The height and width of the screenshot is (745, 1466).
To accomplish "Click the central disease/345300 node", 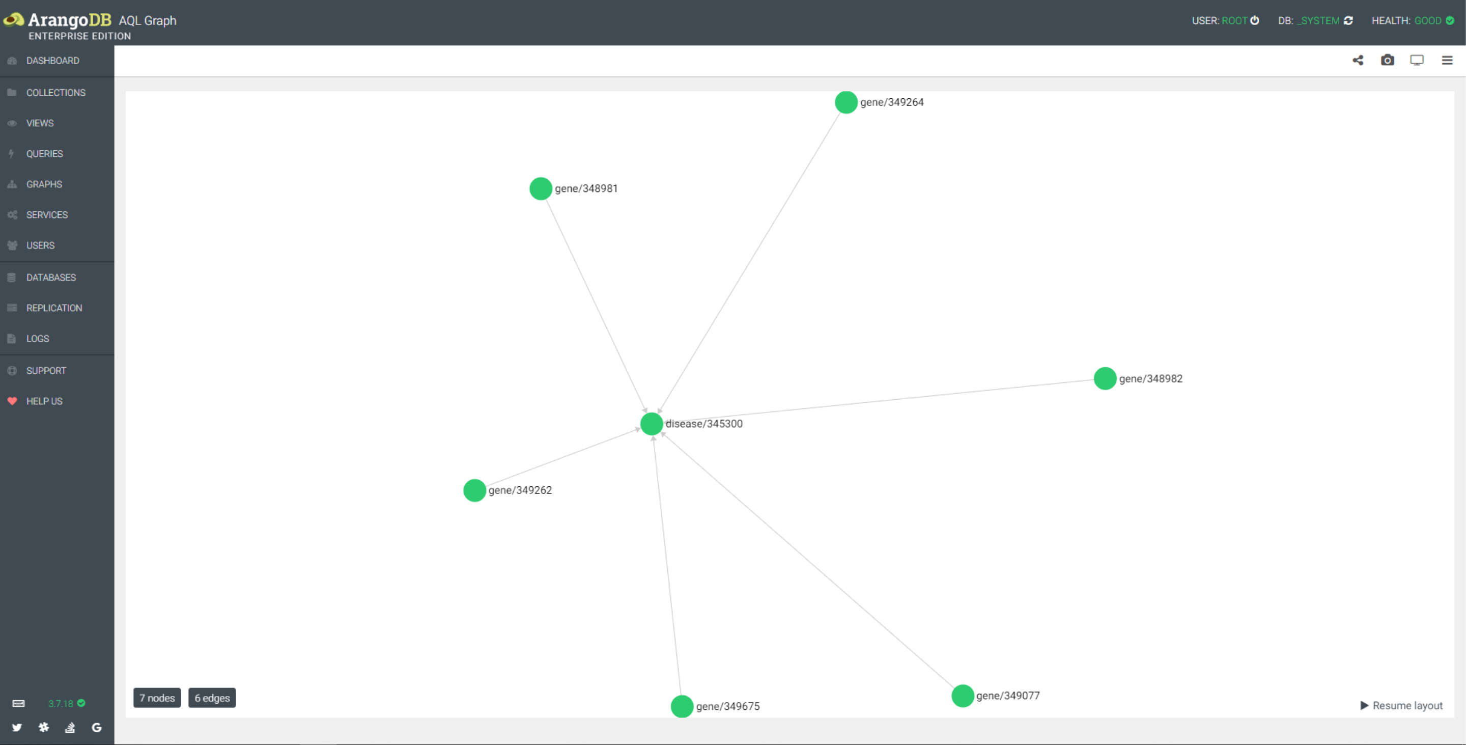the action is tap(651, 424).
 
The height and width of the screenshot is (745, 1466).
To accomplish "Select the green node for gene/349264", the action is tap(845, 102).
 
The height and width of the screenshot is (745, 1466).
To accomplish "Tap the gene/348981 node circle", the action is tap(540, 188).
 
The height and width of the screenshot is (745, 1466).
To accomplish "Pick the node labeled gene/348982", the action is tap(1104, 378).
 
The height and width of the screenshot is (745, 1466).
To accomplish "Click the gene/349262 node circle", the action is tap(474, 490).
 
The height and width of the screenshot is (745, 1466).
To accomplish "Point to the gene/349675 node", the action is tap(681, 706).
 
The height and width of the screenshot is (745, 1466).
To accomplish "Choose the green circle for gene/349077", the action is tap(962, 696).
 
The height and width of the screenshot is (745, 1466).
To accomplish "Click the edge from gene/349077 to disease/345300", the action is tap(808, 561).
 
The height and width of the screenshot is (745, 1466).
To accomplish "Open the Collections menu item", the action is tap(56, 92).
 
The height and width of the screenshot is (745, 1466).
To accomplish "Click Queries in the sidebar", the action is tap(44, 154).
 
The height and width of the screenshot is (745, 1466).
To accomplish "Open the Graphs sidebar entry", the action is tap(44, 184).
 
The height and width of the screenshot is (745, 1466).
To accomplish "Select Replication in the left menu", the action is tap(54, 308).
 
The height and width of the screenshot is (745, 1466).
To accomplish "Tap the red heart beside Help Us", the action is tap(12, 401).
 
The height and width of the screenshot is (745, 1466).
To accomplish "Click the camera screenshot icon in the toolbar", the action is tap(1387, 60).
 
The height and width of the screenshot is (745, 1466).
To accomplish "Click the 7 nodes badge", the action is tap(156, 698).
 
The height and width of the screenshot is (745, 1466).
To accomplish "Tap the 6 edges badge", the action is tap(212, 698).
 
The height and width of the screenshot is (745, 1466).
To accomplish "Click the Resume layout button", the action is tap(1401, 706).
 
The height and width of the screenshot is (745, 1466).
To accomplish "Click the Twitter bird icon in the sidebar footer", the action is tap(17, 727).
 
